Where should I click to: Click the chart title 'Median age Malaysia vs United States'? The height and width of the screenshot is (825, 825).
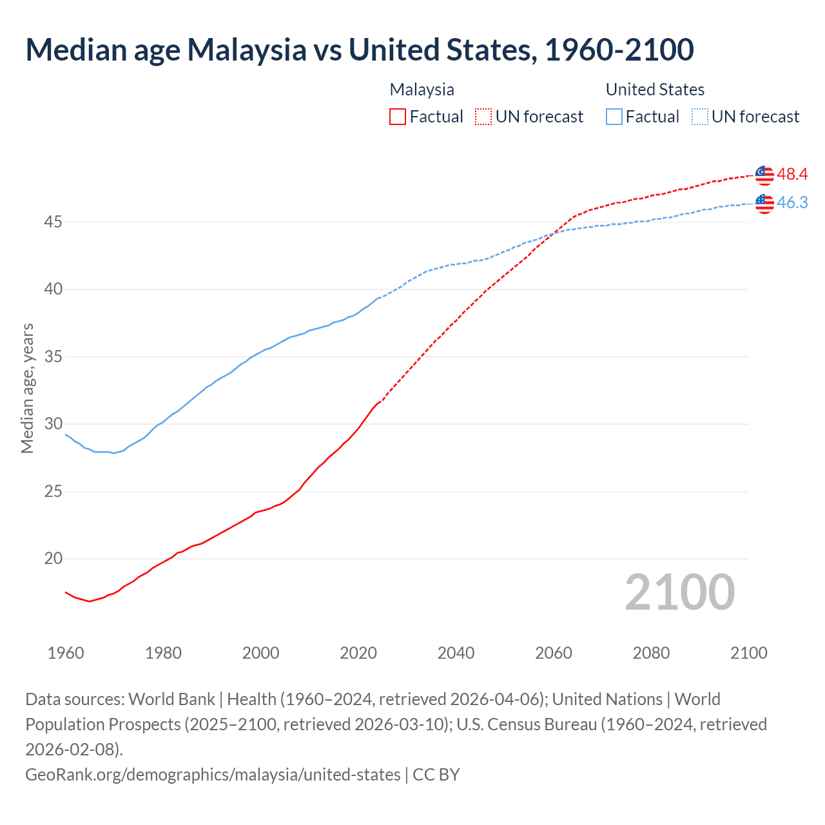359,50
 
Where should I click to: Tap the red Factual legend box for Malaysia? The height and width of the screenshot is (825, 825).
398,117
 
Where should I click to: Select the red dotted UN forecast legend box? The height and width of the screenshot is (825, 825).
483,117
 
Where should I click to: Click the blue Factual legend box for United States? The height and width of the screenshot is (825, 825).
614,117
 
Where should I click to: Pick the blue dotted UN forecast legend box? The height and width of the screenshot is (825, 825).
700,117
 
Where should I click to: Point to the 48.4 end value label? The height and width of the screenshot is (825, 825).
792,174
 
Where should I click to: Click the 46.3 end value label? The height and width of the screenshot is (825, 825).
792,202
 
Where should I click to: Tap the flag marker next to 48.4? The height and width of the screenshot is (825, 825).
764,175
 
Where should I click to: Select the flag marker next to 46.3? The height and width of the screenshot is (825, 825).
764,203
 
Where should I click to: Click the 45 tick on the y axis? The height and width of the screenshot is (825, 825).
53,222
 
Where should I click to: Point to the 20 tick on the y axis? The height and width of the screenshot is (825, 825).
53,559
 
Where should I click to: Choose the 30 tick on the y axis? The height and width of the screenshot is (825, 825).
53,424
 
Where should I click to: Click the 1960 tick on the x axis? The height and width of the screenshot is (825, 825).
66,653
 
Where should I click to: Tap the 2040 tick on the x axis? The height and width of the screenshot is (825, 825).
456,653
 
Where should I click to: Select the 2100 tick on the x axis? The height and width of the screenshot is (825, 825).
748,653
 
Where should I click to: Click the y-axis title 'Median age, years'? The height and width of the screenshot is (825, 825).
27,389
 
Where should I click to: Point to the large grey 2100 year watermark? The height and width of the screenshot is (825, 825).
679,592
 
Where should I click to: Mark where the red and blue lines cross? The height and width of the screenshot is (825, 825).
552,233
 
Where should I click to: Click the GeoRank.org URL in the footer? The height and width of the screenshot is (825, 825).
213,774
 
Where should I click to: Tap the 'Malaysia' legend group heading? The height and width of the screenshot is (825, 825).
422,90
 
